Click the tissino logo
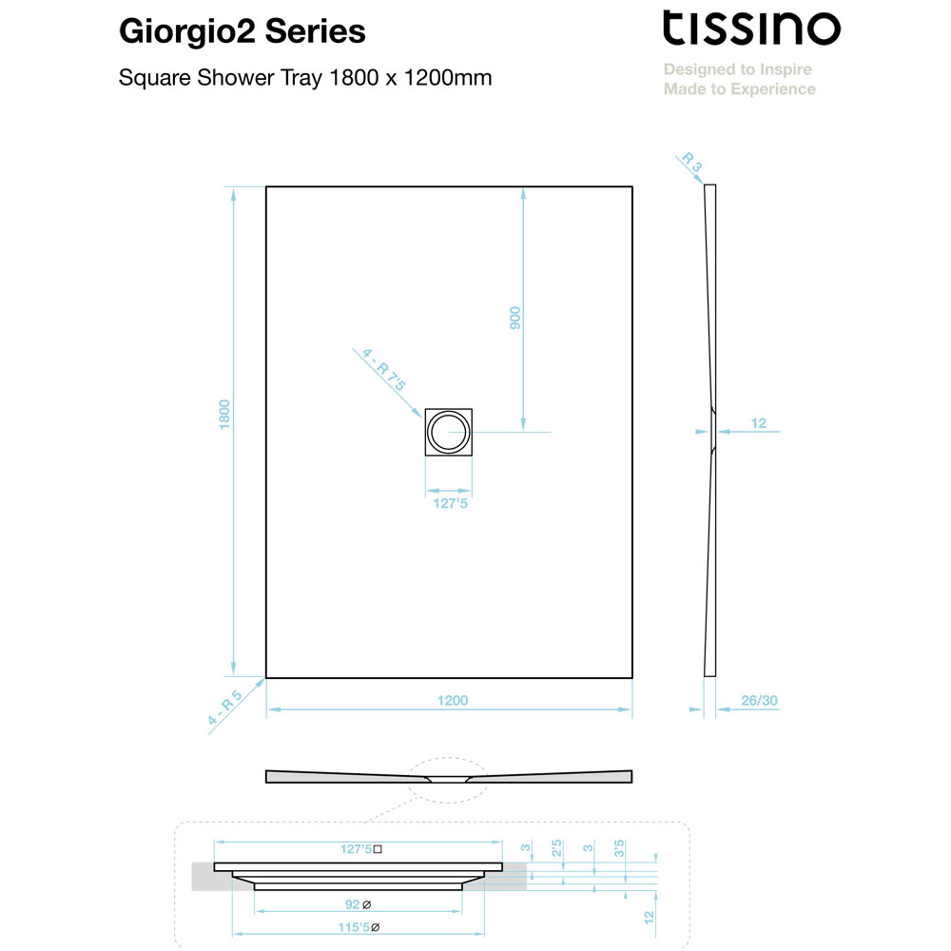click(x=751, y=28)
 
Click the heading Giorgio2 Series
click(x=242, y=31)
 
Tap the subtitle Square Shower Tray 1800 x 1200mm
click(x=305, y=78)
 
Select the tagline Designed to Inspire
click(x=738, y=69)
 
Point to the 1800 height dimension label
click(x=224, y=415)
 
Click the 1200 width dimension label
click(x=453, y=701)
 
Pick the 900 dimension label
click(x=514, y=318)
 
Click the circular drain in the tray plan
click(x=448, y=432)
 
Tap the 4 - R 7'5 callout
click(x=384, y=369)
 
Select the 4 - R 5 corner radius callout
click(x=224, y=708)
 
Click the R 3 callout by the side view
click(x=692, y=162)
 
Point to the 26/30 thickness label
click(x=759, y=701)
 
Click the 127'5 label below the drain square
click(x=450, y=503)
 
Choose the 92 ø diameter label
click(x=358, y=904)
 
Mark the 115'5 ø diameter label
click(x=359, y=927)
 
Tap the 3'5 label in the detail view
click(x=619, y=848)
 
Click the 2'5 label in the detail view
click(x=556, y=848)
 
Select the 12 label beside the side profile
click(x=759, y=423)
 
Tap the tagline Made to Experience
click(x=739, y=89)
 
